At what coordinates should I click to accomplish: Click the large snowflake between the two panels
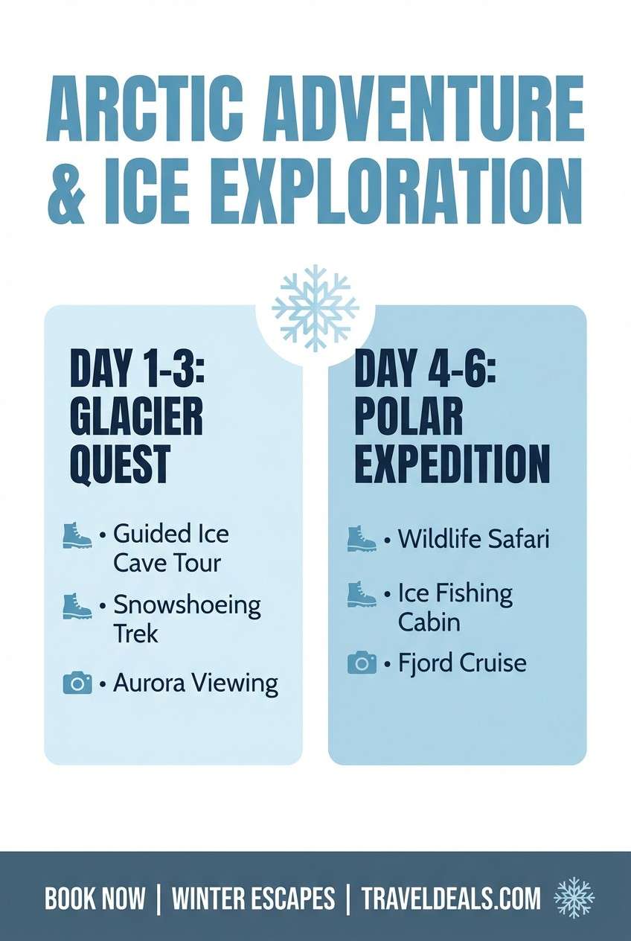pyautogui.click(x=315, y=308)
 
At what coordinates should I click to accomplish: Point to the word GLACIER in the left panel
pyautogui.click(x=136, y=418)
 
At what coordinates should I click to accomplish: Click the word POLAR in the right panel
pyautogui.click(x=408, y=418)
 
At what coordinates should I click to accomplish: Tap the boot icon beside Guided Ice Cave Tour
pyautogui.click(x=77, y=536)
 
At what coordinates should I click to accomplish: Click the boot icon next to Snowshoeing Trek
pyautogui.click(x=77, y=606)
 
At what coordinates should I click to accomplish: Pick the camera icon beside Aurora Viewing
pyautogui.click(x=77, y=683)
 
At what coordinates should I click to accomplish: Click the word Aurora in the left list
pyautogui.click(x=150, y=683)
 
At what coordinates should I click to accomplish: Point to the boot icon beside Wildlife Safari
pyautogui.click(x=362, y=538)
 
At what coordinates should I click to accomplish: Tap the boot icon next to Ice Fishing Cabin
pyautogui.click(x=362, y=594)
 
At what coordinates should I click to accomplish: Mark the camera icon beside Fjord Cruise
pyautogui.click(x=362, y=662)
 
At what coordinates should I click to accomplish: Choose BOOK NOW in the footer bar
pyautogui.click(x=95, y=899)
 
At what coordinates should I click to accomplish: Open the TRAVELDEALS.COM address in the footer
pyautogui.click(x=451, y=899)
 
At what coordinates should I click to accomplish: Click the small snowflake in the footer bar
pyautogui.click(x=574, y=898)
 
